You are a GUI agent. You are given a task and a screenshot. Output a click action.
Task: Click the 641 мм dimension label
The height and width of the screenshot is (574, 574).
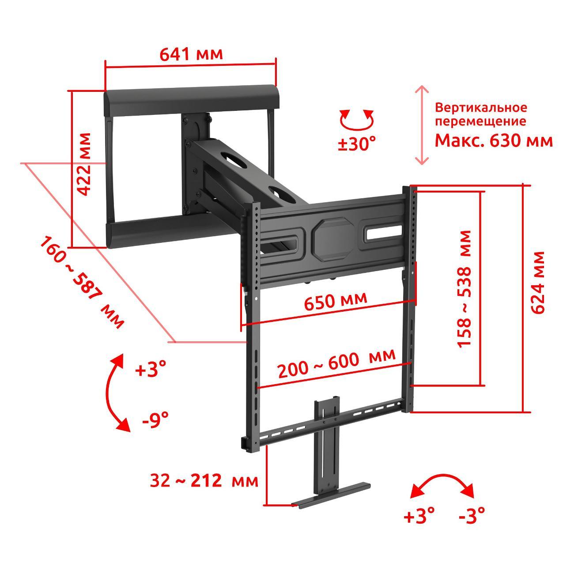[191, 54]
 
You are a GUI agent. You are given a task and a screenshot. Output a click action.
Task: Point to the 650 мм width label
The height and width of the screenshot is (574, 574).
[336, 300]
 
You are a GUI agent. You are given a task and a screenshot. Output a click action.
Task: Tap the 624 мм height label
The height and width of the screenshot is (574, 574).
[538, 283]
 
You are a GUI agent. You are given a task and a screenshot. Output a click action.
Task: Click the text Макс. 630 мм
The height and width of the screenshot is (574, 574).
[494, 140]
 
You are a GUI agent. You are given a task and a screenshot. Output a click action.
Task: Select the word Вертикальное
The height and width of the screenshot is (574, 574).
[481, 107]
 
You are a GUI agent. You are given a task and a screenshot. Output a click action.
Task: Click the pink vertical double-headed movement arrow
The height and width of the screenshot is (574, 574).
[422, 125]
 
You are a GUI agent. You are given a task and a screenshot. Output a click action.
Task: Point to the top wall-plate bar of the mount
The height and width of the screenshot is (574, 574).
[192, 101]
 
